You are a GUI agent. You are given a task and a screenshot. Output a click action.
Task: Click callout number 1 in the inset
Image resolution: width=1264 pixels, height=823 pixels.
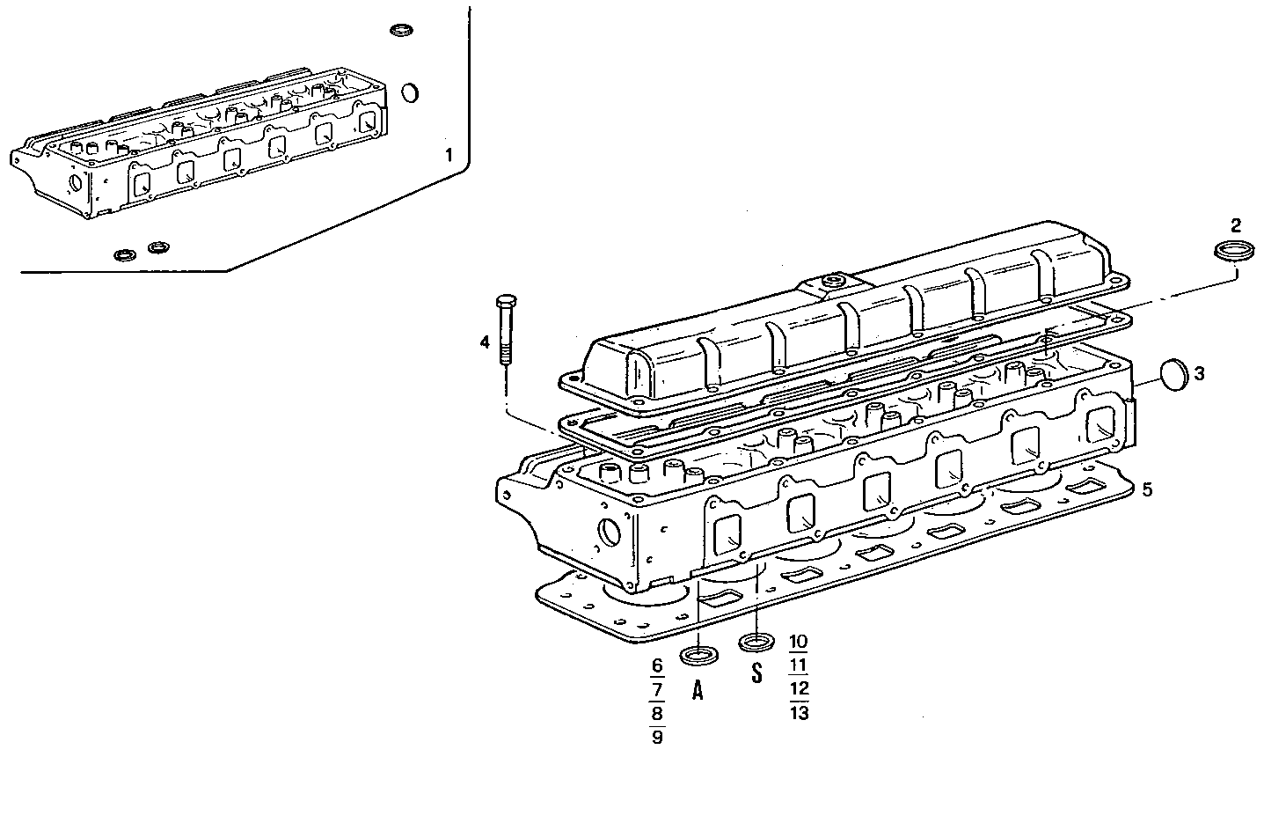point(449,157)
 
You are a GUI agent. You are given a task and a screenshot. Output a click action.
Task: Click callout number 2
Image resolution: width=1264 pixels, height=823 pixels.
point(1236,224)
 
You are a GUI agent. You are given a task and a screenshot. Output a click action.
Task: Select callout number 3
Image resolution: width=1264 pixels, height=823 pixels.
point(1200,373)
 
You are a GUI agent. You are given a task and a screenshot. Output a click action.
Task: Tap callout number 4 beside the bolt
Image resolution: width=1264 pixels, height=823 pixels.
point(485,342)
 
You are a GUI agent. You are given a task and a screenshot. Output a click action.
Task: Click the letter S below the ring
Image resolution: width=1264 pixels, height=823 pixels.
point(756,675)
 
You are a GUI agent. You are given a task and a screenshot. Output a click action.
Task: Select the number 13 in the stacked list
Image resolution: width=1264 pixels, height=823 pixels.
point(799,713)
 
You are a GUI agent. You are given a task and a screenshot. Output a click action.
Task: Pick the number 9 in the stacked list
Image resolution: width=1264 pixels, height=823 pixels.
point(656,737)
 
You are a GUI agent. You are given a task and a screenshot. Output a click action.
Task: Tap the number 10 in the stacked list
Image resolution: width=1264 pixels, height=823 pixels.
point(799,641)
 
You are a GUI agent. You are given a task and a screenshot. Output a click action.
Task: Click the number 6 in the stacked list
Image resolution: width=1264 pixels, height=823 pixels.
point(656,665)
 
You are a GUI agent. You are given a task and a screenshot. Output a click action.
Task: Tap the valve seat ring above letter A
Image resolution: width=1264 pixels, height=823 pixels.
point(698,655)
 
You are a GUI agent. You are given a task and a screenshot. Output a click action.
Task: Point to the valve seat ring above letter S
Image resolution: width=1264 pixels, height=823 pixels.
point(756,643)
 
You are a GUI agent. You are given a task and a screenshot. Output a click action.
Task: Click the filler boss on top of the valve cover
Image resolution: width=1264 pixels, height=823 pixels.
point(830,283)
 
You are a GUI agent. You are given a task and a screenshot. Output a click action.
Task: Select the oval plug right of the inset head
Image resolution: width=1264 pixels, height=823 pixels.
point(410,92)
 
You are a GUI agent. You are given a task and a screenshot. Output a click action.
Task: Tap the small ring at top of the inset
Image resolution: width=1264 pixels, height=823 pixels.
point(401,31)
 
